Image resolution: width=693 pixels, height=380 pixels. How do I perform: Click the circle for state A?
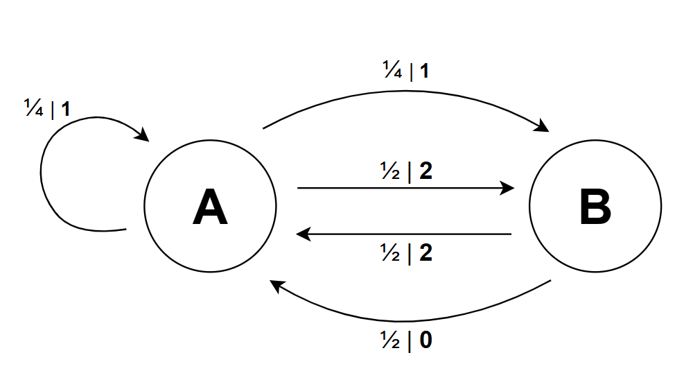pos(210,205)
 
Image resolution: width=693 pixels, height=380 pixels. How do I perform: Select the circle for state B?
pos(595,205)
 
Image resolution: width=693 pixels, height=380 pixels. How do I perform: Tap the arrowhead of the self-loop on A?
pos(143,135)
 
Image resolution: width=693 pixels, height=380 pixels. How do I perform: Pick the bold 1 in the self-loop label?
pos(65,109)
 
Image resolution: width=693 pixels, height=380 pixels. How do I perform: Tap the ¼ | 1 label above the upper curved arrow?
pos(407,71)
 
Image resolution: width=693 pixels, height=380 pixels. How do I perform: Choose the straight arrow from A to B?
pos(402,188)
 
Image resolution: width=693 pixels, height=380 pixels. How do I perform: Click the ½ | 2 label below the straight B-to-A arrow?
pos(407,253)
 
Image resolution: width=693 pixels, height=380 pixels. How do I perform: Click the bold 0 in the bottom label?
pos(426,341)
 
